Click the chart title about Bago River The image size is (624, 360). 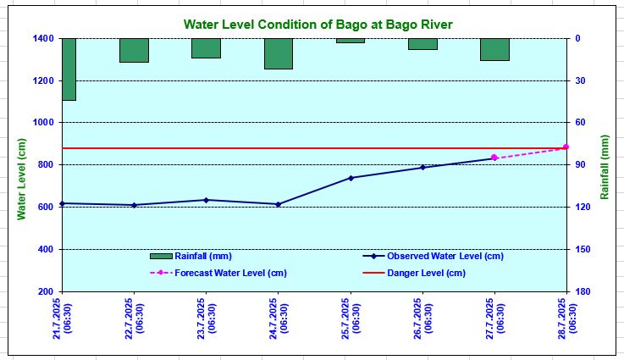coord(318,25)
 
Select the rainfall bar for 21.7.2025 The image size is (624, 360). coord(69,69)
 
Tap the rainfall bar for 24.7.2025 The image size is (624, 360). coord(279,53)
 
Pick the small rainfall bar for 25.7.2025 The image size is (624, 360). coord(351,41)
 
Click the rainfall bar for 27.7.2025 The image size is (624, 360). coord(494,49)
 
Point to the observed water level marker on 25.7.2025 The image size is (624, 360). coord(351,178)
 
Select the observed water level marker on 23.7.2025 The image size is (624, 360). coord(206,200)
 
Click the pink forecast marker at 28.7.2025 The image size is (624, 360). coord(566,147)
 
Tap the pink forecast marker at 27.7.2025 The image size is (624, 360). coord(494,158)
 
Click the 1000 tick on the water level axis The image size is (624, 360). coord(43,122)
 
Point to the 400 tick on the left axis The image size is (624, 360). coord(46,249)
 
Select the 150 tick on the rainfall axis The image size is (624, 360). coord(583,249)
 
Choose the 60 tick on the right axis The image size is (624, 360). coord(580,122)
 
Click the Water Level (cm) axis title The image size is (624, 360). coord(21,180)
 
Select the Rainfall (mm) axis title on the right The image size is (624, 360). coord(605,167)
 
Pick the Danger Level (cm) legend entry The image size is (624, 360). coord(414,274)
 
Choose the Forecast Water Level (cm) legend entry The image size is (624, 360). coord(218,274)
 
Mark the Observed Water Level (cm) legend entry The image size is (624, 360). coord(433,256)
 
